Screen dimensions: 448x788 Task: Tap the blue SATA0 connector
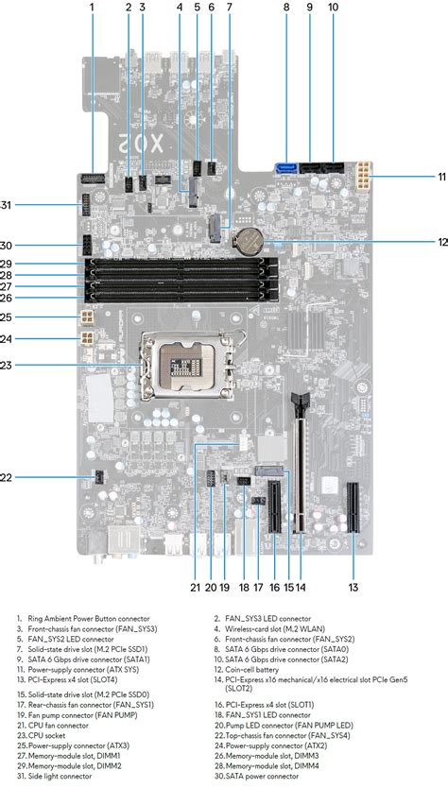[286, 166]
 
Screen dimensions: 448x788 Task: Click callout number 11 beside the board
[441, 177]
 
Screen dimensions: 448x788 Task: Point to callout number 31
[6, 204]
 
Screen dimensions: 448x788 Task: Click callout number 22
[6, 477]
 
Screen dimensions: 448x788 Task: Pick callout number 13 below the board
[353, 587]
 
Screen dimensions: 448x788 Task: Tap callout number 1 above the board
[92, 7]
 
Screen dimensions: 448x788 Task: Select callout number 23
[6, 366]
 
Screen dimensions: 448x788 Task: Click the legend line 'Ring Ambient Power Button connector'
[89, 619]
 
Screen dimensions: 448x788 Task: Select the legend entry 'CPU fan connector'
[59, 726]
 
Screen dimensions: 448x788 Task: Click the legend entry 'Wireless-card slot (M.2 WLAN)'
[275, 628]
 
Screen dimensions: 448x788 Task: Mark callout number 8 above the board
[286, 7]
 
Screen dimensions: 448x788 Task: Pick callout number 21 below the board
[195, 587]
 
